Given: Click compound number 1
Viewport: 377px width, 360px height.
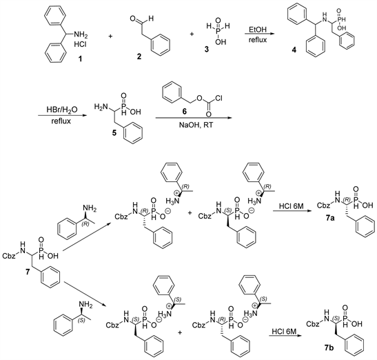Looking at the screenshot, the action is point(80,59).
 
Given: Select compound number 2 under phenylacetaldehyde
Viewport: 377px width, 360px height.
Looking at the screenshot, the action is point(139,57).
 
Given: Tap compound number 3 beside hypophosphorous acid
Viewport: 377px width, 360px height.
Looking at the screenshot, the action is point(207,50).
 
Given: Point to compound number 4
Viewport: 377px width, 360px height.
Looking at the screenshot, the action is point(294,50).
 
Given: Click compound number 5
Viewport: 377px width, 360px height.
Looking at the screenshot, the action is point(114,132).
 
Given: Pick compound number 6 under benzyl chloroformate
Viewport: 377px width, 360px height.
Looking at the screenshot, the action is point(185,111).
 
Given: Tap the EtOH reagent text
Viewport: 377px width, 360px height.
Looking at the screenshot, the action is point(258,30).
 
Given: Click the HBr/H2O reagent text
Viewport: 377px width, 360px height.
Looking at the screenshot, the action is point(62,110).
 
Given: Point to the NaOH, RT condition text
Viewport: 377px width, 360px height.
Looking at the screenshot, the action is point(196,125).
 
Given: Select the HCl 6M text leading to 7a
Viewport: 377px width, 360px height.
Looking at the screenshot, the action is point(291,206).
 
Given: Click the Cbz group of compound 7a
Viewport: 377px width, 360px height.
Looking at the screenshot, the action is point(323,206).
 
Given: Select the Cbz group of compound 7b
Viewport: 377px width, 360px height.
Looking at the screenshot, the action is point(313,324).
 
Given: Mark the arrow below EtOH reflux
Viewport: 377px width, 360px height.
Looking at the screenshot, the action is point(258,34).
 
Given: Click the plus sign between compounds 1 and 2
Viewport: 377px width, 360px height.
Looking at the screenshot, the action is point(110,37).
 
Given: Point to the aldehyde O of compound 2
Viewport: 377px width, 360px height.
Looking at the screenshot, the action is point(133,19).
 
